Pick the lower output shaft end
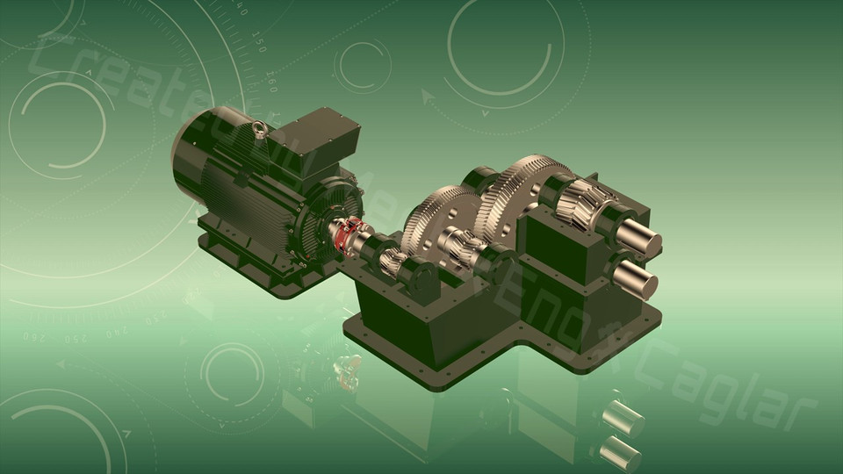[638, 281]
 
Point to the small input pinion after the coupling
[393, 260]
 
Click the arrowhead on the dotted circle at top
[429, 96]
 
